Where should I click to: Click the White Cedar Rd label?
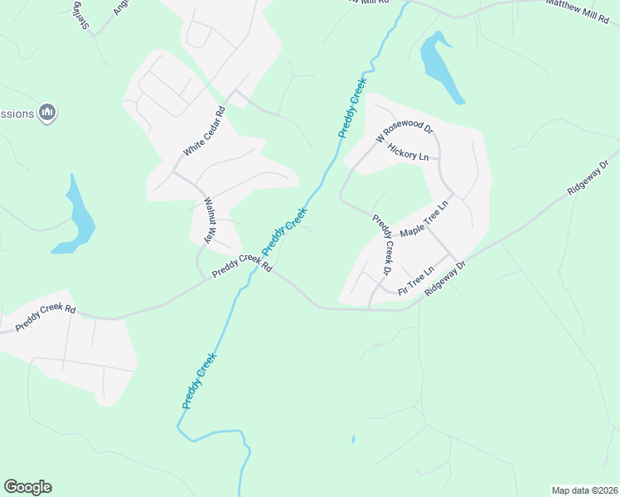[204, 132]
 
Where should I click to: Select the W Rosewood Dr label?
[404, 133]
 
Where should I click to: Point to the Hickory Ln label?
[408, 155]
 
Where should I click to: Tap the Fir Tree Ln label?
[416, 282]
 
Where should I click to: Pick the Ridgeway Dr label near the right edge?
[589, 176]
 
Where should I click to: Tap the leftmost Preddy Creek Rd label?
[46, 320]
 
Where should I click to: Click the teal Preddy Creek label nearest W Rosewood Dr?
[352, 108]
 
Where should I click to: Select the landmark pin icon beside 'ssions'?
[47, 113]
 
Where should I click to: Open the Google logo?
[27, 487]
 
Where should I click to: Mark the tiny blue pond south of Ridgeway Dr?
[352, 439]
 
